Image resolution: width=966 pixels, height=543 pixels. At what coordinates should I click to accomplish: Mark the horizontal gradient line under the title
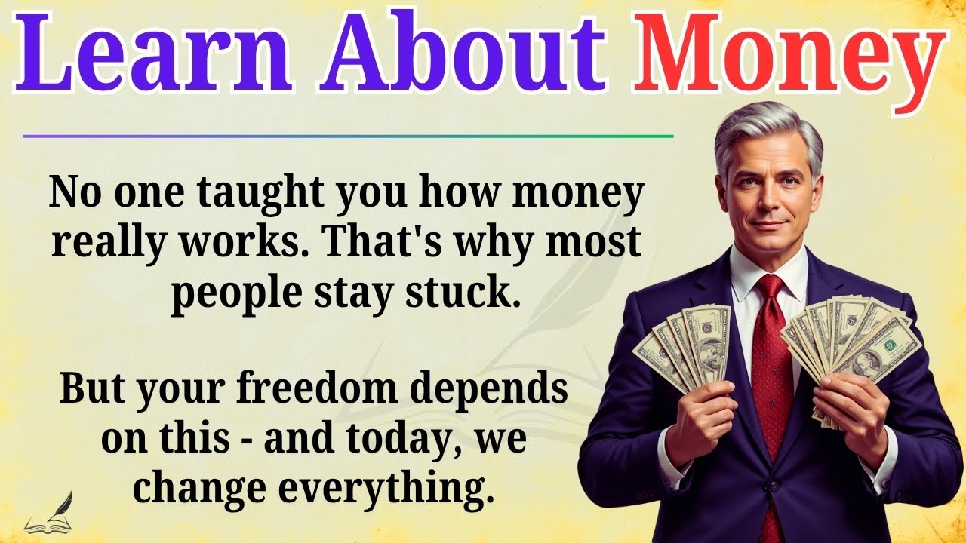click(x=347, y=137)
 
